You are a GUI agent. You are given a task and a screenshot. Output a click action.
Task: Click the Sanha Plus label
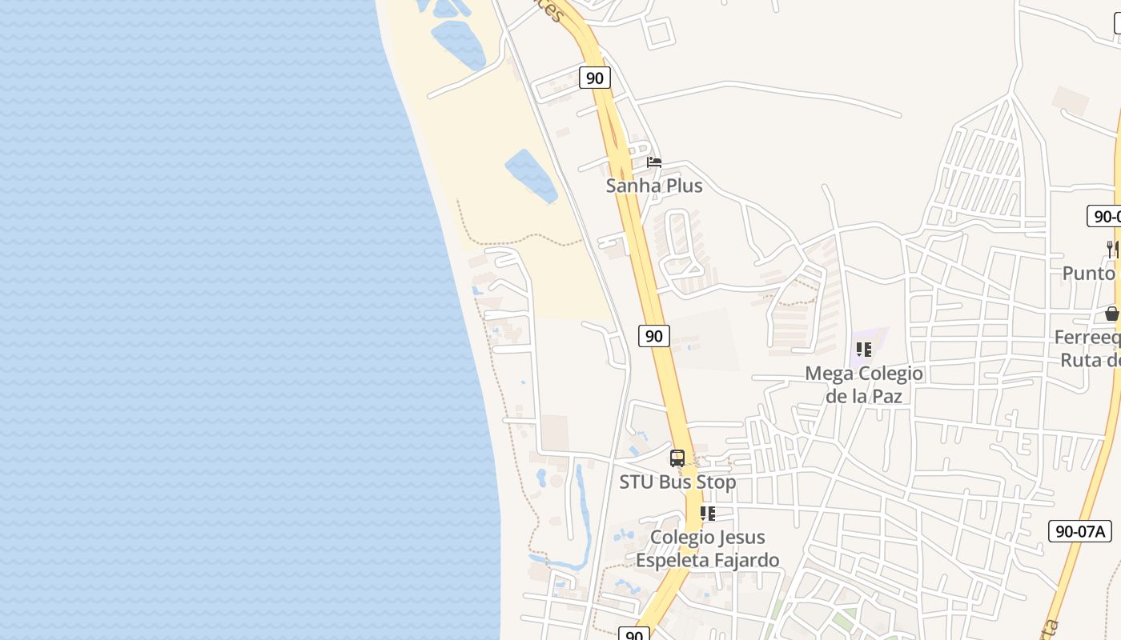coord(654,186)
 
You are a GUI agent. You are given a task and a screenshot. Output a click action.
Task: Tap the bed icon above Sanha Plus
coord(654,162)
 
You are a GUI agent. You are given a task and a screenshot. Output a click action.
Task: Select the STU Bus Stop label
coord(677,482)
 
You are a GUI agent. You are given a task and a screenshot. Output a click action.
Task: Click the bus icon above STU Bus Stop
coord(677,458)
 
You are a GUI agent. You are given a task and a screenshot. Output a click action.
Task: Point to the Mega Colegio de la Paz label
coord(863,384)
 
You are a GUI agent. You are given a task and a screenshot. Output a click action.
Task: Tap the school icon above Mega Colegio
coord(863,350)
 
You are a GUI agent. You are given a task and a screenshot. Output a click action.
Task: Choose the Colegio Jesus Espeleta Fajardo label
coord(708,548)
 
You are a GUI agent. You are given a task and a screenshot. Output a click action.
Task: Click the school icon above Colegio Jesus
coord(707,514)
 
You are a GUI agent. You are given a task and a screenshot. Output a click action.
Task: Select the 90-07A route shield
coord(1080,530)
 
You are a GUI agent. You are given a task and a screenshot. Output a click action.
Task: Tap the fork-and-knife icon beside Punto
coord(1112,249)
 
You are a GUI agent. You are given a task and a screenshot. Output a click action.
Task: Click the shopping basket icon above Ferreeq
coord(1112,314)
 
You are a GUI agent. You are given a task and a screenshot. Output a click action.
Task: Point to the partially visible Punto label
coord(1089,273)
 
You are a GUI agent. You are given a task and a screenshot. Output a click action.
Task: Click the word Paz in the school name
coord(886,395)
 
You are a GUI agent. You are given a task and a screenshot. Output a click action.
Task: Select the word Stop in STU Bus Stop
coord(717,482)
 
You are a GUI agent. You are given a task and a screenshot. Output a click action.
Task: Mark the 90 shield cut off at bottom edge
coord(633,634)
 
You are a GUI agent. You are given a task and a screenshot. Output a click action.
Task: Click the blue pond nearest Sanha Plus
coord(531,174)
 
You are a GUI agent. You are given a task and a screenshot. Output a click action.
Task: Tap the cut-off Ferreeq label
coord(1087,338)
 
